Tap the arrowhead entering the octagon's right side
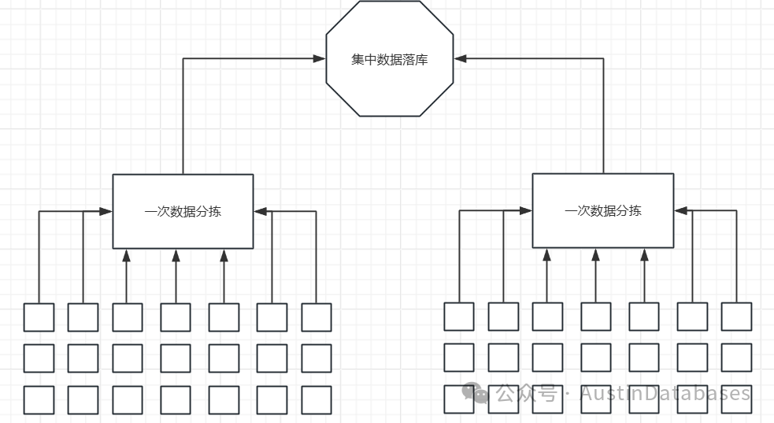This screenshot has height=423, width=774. click(461, 58)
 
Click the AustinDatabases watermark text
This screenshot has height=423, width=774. click(665, 393)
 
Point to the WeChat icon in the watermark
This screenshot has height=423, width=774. click(475, 393)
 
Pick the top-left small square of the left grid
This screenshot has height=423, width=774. click(39, 317)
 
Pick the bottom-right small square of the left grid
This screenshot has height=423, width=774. click(317, 399)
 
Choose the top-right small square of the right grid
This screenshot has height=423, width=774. click(736, 317)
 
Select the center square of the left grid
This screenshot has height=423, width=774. click(176, 358)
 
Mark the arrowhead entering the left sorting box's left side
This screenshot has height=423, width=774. click(106, 211)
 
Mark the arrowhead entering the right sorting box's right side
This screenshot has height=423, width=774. click(680, 210)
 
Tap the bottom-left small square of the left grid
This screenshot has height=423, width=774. click(39, 399)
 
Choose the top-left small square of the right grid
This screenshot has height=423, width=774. click(459, 317)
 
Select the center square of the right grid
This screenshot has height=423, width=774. click(596, 358)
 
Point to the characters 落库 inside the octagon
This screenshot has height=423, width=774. click(415, 59)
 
